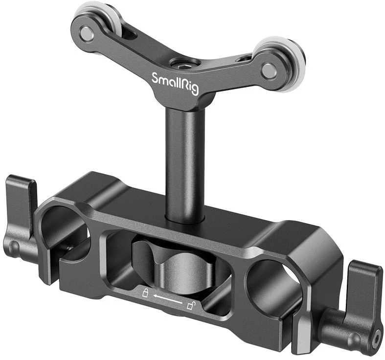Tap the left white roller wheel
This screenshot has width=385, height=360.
coord(92,15)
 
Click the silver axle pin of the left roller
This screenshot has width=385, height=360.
coord(87,34)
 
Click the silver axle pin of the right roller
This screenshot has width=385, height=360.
coord(269,71)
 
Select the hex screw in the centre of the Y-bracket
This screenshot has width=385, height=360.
coord(181,65)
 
